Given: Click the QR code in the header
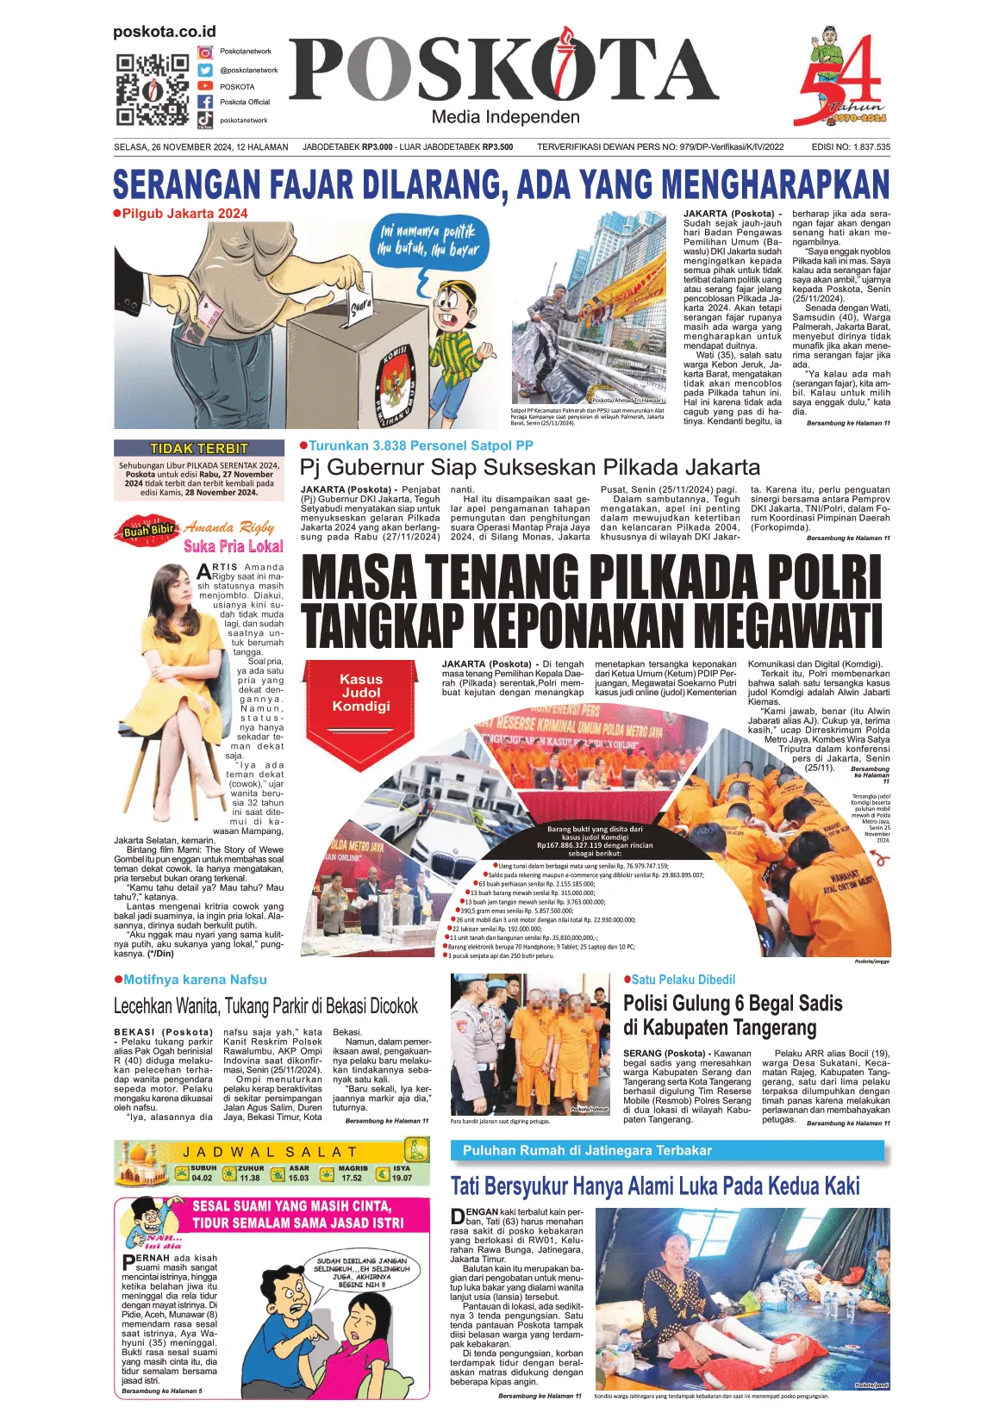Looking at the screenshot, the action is [152, 90].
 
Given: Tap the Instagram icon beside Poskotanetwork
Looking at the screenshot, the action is [205, 53].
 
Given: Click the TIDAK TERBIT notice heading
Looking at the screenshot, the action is [199, 448].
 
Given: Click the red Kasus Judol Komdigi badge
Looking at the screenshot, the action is [360, 694].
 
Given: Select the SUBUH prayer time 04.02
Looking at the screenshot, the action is [203, 1177].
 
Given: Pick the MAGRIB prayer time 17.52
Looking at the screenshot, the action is [352, 1177].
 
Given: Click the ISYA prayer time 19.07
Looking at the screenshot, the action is [402, 1177].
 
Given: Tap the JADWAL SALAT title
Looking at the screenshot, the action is [269, 1152].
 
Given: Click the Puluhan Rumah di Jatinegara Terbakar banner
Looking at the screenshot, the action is [587, 1150].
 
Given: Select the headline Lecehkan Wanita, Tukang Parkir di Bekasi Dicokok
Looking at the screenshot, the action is [265, 1005].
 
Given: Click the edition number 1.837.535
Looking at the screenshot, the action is [871, 147].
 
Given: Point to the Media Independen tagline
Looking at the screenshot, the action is [505, 117].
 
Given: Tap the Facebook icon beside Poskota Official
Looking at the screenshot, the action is [205, 103].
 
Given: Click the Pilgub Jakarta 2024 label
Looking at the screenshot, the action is [184, 214].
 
